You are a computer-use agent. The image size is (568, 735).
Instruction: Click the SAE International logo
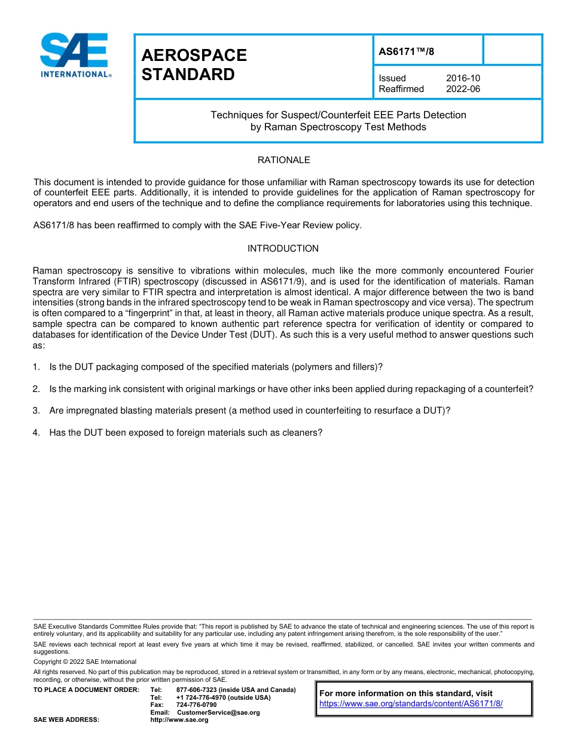pos(75,55)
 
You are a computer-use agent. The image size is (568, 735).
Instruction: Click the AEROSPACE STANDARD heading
pos(194,65)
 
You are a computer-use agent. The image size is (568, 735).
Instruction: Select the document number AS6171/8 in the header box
pos(407,51)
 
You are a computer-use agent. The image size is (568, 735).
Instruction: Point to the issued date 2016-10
pos(463,78)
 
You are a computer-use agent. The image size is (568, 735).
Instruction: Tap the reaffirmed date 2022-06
pos(463,89)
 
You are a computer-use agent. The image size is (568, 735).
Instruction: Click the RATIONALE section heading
pos(283,160)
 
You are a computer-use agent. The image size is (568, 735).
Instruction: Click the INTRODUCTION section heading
pos(283,249)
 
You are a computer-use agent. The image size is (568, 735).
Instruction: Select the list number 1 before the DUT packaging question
pos(36,367)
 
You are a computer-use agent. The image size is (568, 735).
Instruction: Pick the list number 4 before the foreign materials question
pos(36,433)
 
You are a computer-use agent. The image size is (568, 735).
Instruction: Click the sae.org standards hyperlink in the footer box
pos(411,704)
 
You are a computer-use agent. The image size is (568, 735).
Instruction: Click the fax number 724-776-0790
pos(196,705)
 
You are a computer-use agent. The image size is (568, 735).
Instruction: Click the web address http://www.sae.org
pos(179,720)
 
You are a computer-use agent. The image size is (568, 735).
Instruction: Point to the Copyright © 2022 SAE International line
pos(85,661)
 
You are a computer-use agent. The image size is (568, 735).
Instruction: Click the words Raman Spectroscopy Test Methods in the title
pos(338,127)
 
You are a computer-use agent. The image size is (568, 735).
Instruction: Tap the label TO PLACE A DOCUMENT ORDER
pos(86,690)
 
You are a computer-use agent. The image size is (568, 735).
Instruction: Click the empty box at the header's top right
pos(512,50)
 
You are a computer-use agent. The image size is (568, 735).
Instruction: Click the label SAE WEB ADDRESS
pos(66,720)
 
